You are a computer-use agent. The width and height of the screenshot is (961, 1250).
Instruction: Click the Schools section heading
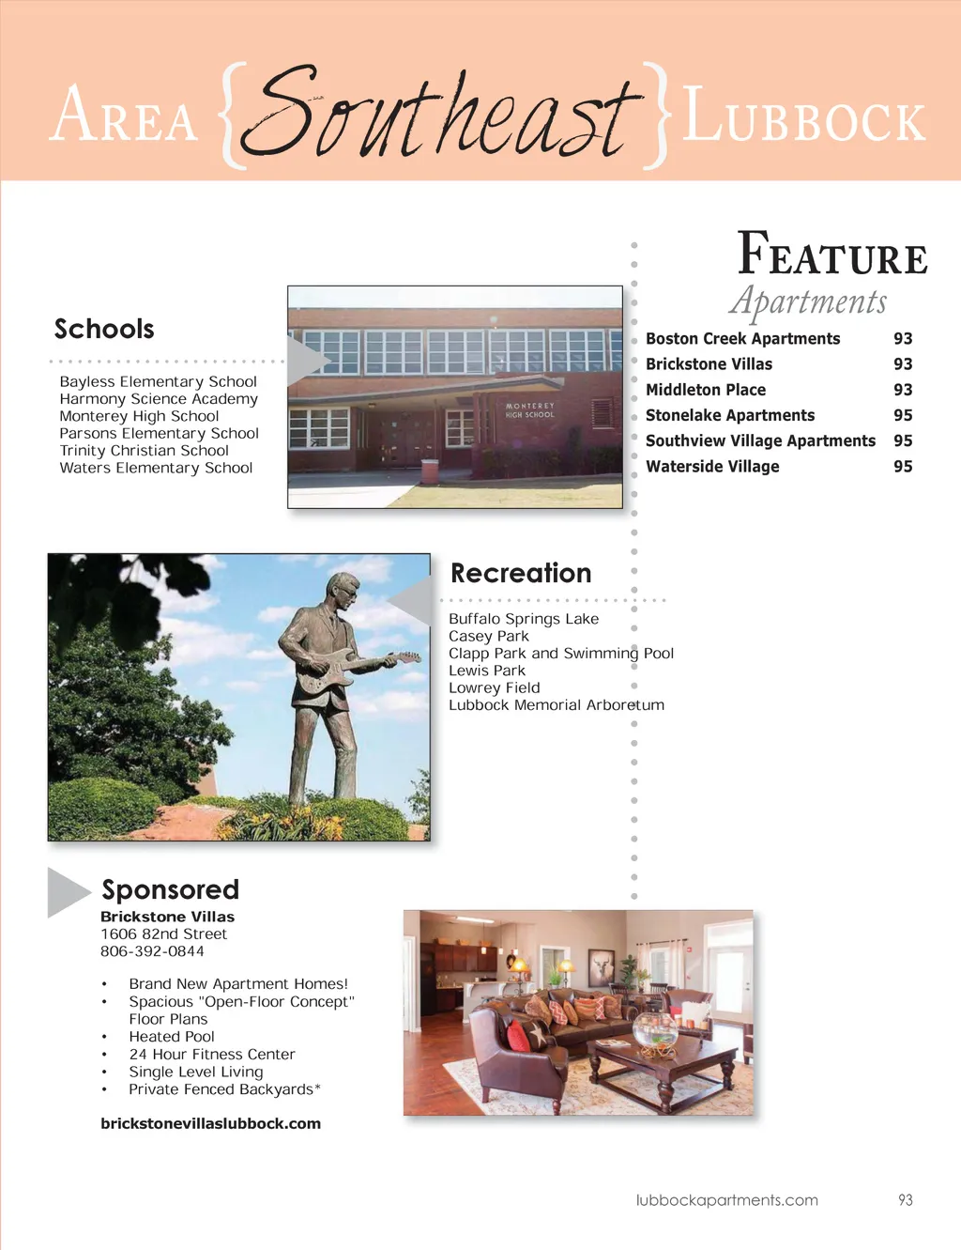(x=104, y=330)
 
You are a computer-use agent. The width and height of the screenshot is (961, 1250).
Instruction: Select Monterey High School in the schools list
(x=139, y=416)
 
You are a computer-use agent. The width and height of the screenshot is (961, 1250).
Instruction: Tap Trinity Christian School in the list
(x=144, y=451)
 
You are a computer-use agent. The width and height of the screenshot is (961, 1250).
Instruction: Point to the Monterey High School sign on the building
(x=530, y=410)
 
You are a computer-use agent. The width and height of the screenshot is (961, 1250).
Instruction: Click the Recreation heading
(x=521, y=574)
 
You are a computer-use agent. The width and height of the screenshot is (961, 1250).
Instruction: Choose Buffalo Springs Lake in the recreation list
(x=523, y=619)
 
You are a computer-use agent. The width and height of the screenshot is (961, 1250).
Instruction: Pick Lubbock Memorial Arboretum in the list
(x=556, y=705)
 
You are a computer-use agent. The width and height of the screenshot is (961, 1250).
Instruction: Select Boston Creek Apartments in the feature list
(x=742, y=339)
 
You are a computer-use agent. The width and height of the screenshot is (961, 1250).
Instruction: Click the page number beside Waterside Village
(x=903, y=467)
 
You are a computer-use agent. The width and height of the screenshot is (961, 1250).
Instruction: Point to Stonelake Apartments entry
(x=729, y=415)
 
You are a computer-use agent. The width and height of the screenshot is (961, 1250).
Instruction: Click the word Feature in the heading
(x=832, y=255)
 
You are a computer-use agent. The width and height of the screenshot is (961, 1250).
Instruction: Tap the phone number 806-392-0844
(x=152, y=951)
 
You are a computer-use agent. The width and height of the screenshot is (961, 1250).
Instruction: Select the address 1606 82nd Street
(x=163, y=934)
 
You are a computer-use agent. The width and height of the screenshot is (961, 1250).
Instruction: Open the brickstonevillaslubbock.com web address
(x=210, y=1123)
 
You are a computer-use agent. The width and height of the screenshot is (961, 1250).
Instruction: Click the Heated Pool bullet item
(x=172, y=1037)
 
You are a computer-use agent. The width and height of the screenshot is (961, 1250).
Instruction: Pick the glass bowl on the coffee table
(x=655, y=1031)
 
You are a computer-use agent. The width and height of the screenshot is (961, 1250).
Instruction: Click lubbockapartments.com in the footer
(x=726, y=1200)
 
